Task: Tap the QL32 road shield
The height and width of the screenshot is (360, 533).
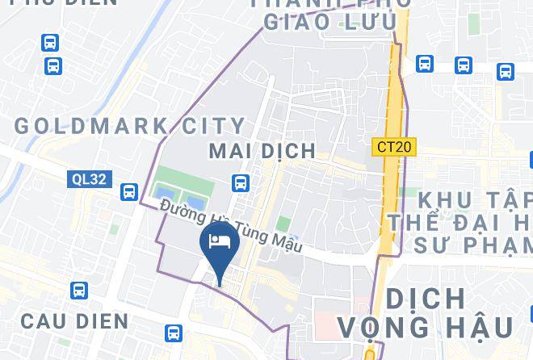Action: (88, 179)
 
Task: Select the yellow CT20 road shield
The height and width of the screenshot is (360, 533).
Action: (394, 147)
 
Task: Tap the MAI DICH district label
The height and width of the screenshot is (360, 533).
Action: (262, 151)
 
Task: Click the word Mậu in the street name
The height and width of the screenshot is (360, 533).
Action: (283, 242)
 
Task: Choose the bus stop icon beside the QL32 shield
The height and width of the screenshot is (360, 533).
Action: (129, 192)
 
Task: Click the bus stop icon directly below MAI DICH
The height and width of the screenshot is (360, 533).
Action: (240, 183)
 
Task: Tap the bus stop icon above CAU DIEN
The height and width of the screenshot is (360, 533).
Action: (79, 290)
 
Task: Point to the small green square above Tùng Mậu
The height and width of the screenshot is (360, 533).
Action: (283, 223)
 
